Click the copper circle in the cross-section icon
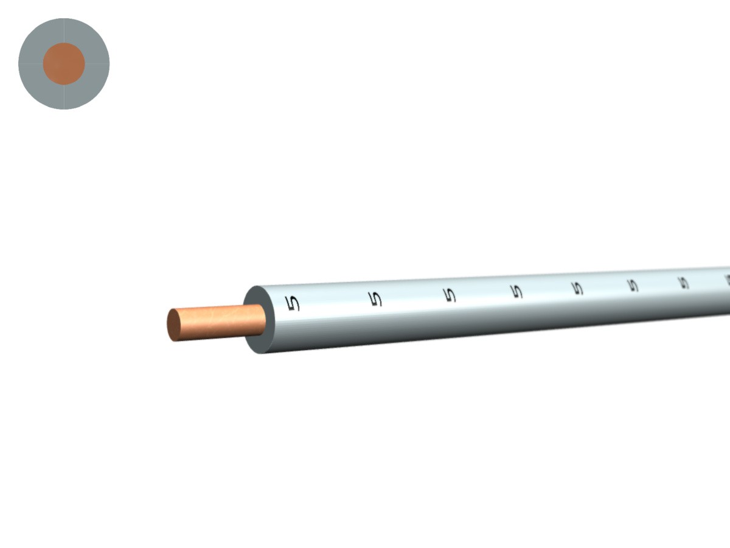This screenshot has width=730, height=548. pyautogui.click(x=64, y=63)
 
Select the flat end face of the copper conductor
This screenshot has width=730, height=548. pyautogui.click(x=173, y=325)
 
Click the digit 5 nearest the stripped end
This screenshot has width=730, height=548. pyautogui.click(x=293, y=303)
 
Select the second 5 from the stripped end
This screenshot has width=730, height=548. pyautogui.click(x=377, y=298)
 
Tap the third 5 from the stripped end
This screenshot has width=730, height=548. pyautogui.click(x=450, y=295)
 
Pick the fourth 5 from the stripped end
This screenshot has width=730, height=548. pyautogui.click(x=516, y=291)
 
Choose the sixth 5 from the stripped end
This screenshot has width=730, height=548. pyautogui.click(x=633, y=285)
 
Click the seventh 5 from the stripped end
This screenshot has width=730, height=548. pyautogui.click(x=683, y=283)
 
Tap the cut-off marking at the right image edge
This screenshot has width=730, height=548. pyautogui.click(x=727, y=280)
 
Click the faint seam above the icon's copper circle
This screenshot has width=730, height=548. pyautogui.click(x=64, y=30)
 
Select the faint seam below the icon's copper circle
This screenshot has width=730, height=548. pyautogui.click(x=64, y=97)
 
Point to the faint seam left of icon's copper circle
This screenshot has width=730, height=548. pyautogui.click(x=30, y=63)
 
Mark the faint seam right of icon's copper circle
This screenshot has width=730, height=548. pyautogui.click(x=97, y=63)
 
